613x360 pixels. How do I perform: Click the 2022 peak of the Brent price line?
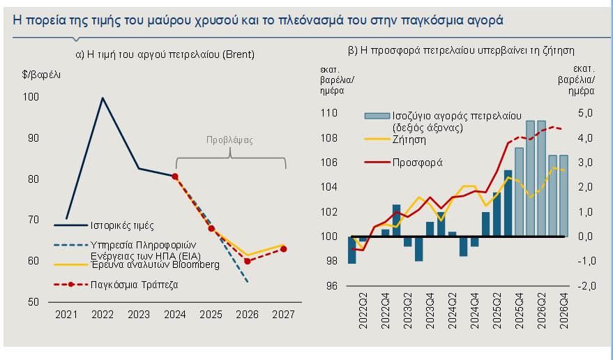pyautogui.click(x=103, y=98)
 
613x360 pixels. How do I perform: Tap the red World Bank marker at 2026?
pyautogui.click(x=248, y=261)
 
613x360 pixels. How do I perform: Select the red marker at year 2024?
pyautogui.click(x=175, y=177)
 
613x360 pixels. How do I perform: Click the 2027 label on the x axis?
pyautogui.click(x=283, y=315)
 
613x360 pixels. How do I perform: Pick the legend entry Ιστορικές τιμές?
pyautogui.click(x=121, y=225)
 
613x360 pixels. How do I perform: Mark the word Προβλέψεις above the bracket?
pyautogui.click(x=229, y=140)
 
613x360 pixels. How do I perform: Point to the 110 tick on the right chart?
pyautogui.click(x=328, y=113)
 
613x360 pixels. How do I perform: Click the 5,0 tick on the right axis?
pyautogui.click(x=584, y=113)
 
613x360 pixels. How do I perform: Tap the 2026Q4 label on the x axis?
pyautogui.click(x=563, y=310)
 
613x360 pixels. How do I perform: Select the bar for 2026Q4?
pyautogui.click(x=563, y=196)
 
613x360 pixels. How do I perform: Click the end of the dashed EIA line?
pyautogui.click(x=248, y=282)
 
